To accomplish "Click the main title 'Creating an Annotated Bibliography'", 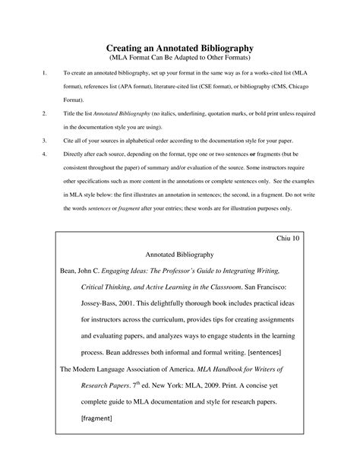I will [x=179, y=48].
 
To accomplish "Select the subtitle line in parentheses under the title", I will [x=179, y=59].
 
